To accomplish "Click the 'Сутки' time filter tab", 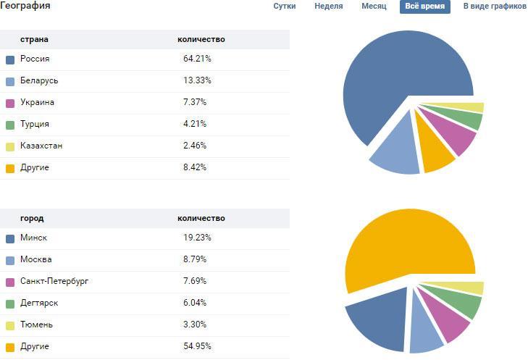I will pyautogui.click(x=284, y=7).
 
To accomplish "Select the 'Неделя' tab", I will pyautogui.click(x=329, y=7).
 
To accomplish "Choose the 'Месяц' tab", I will pyautogui.click(x=374, y=7).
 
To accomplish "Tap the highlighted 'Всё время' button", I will pyautogui.click(x=425, y=7).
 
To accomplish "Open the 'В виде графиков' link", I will pyautogui.click(x=495, y=7).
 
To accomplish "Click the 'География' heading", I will pyautogui.click(x=25, y=7).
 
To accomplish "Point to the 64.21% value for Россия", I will pyautogui.click(x=197, y=59).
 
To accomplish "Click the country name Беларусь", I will pyautogui.click(x=39, y=80).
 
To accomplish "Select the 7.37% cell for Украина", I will pyautogui.click(x=195, y=102).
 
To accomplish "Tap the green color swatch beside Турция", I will pyautogui.click(x=10, y=125).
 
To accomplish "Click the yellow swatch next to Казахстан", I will pyautogui.click(x=10, y=146).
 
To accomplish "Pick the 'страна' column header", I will pyautogui.click(x=34, y=39).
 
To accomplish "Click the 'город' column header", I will pyautogui.click(x=32, y=218).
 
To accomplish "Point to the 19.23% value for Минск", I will pyautogui.click(x=197, y=238).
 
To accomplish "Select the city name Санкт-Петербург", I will pyautogui.click(x=54, y=281).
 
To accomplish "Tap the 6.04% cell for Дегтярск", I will pyautogui.click(x=195, y=303).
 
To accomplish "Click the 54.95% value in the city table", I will pyautogui.click(x=197, y=346).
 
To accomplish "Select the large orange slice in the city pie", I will pyautogui.click(x=406, y=246).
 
